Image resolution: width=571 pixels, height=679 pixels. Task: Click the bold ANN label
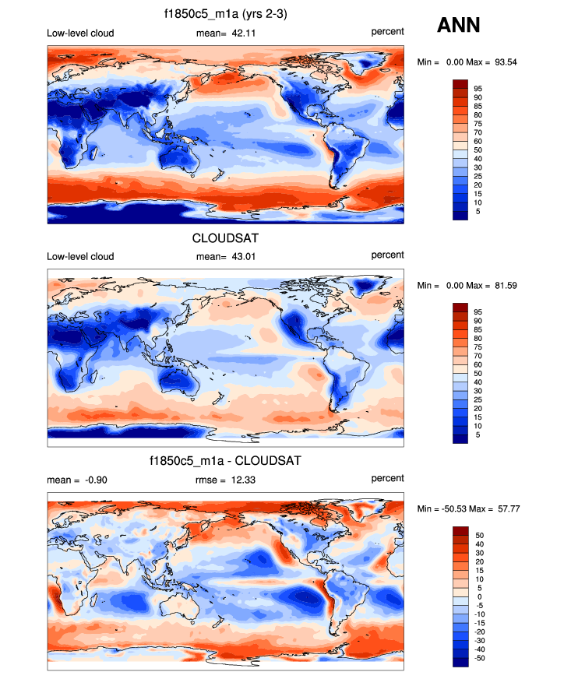click(x=458, y=26)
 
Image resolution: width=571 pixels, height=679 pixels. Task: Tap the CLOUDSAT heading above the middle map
click(x=224, y=237)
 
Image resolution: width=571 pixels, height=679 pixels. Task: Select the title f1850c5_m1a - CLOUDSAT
click(x=225, y=461)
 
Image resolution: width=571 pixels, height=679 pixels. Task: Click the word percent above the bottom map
click(x=387, y=478)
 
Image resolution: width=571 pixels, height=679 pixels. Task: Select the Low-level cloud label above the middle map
click(x=80, y=256)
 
